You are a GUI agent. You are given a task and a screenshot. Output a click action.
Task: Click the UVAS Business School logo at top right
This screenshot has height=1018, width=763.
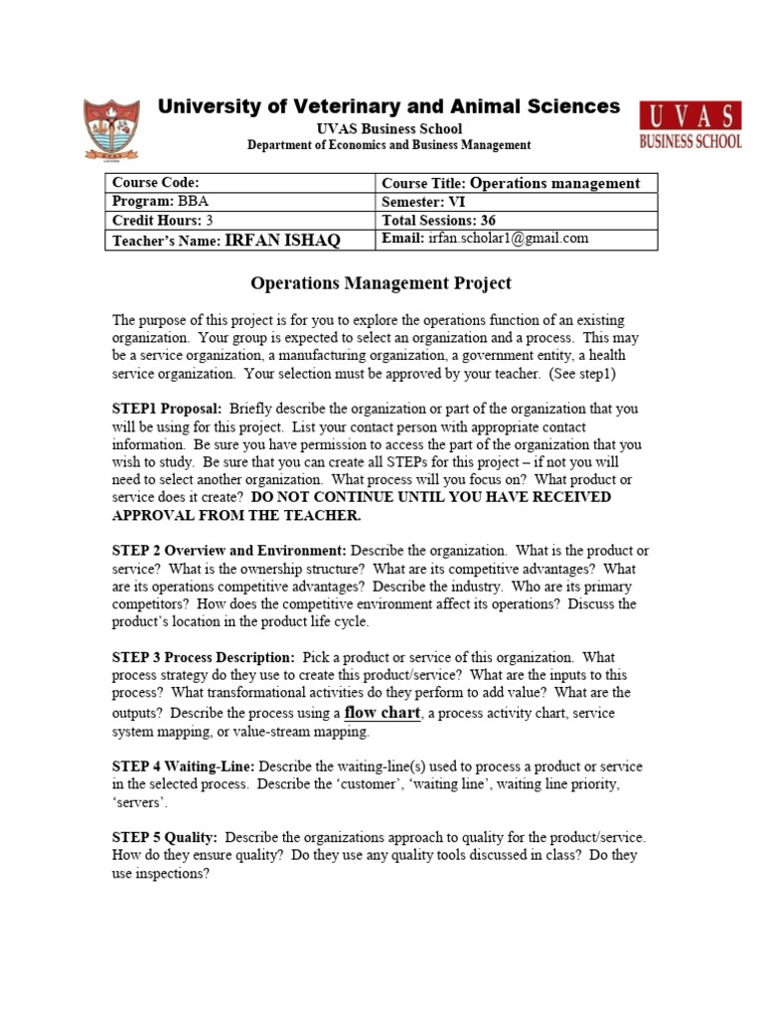pos(690,125)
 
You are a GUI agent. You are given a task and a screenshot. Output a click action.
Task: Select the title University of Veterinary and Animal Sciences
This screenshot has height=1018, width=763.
pos(388,107)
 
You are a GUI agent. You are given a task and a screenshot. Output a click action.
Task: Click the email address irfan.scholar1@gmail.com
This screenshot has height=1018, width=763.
pos(509,239)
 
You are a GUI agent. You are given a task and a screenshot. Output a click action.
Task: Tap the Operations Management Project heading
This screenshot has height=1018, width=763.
pos(381,283)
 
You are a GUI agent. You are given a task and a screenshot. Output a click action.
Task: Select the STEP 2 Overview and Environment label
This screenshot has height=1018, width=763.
pos(229,551)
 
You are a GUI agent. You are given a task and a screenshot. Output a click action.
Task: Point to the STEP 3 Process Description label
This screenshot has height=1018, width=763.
pos(204,657)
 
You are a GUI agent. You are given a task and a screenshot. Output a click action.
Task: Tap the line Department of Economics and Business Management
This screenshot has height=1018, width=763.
pos(388,145)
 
